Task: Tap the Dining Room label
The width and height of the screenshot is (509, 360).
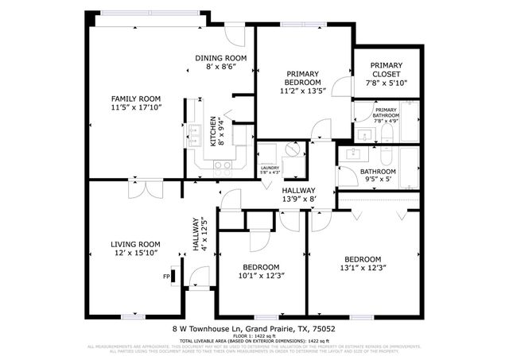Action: [x=221, y=58]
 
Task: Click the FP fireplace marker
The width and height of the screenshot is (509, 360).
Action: [x=167, y=277]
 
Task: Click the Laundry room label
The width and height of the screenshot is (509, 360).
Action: [x=270, y=168]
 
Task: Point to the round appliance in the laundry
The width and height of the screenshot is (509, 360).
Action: [x=288, y=153]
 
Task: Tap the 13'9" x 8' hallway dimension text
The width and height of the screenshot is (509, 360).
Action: [x=299, y=199]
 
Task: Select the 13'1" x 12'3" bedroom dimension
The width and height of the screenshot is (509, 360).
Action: [x=362, y=268]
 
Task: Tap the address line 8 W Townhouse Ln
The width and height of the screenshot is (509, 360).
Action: [x=254, y=328]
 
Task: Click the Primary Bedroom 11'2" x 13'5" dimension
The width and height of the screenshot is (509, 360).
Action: [x=302, y=91]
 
